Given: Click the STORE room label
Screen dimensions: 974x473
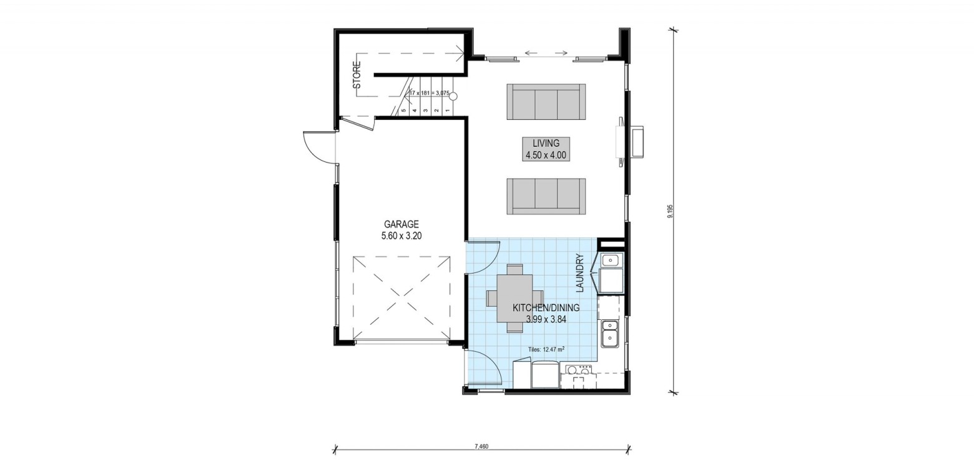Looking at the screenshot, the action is click(357, 75).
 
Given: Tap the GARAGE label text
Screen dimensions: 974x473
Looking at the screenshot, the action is click(401, 224).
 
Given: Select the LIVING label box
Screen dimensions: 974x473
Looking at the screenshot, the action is click(546, 149).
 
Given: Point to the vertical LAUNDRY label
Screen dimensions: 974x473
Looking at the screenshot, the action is click(579, 273).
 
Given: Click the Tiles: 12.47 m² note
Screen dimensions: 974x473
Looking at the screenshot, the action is click(546, 349).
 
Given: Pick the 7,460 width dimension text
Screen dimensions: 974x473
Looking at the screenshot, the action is click(482, 447).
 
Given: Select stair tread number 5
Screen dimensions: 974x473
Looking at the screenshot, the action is click(404, 111).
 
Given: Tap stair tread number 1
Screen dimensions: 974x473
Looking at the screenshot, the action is click(447, 111).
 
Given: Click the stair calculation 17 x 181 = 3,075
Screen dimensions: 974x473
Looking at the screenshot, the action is click(429, 92).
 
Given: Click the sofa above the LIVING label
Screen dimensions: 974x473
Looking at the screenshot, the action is click(546, 102).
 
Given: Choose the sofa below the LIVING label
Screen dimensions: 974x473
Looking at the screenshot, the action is click(546, 196).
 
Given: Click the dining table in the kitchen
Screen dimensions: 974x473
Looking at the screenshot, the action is click(515, 299).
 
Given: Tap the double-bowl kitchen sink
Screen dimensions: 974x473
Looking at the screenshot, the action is click(611, 333).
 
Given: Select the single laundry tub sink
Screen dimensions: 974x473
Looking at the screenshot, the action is click(612, 260).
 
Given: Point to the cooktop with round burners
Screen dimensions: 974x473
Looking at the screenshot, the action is click(579, 371).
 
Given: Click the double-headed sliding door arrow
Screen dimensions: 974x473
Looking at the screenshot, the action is click(546, 53).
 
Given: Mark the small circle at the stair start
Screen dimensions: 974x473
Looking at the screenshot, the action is click(453, 96).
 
